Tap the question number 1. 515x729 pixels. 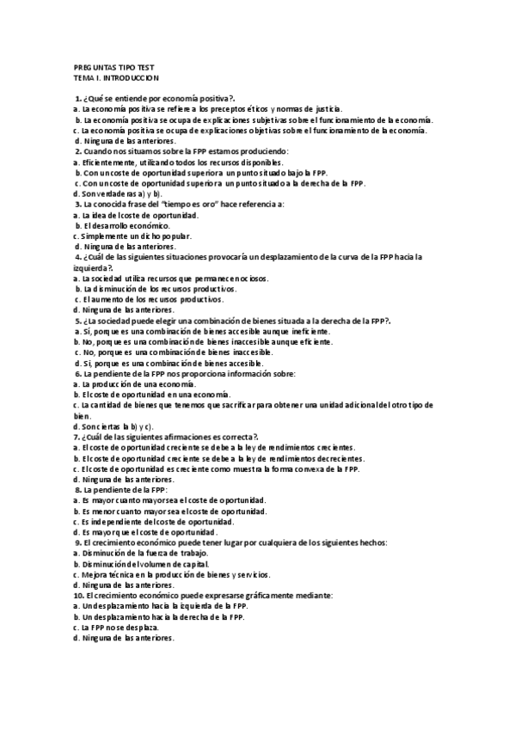[78, 99]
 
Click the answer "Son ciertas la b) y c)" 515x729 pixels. [114, 426]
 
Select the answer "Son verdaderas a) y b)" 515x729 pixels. [118, 193]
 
